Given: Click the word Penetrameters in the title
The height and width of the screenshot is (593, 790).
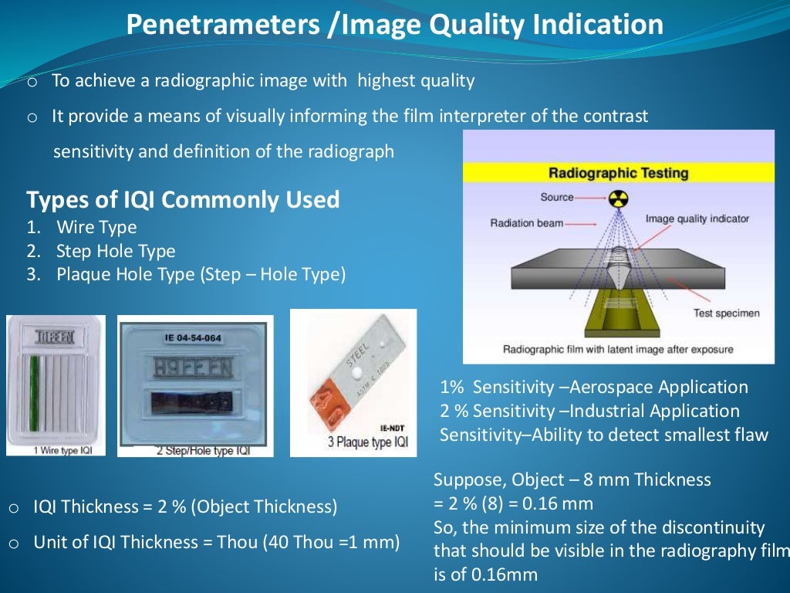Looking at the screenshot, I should pyautogui.click(x=221, y=25).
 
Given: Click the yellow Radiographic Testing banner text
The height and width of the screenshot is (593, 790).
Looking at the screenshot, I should pyautogui.click(x=618, y=172).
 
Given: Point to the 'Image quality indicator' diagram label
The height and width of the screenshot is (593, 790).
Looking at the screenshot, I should pyautogui.click(x=697, y=219).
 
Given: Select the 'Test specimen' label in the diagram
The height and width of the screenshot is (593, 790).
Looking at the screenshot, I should pyautogui.click(x=726, y=313).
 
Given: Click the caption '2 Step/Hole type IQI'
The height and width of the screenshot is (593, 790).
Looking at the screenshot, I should pyautogui.click(x=195, y=450).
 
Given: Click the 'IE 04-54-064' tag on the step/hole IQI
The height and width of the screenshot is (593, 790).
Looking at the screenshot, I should pyautogui.click(x=193, y=337).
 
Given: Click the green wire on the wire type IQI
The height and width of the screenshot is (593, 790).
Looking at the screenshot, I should pyautogui.click(x=33, y=394).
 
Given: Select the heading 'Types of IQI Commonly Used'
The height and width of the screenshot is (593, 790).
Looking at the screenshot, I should pyautogui.click(x=183, y=200).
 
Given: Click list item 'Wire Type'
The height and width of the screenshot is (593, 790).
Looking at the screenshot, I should pyautogui.click(x=96, y=228).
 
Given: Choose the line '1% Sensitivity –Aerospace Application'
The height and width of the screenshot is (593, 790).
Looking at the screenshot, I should pyautogui.click(x=593, y=388).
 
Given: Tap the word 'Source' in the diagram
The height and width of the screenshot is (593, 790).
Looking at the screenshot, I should pyautogui.click(x=556, y=198).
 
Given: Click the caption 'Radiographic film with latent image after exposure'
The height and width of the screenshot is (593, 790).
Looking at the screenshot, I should pyautogui.click(x=618, y=350).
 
